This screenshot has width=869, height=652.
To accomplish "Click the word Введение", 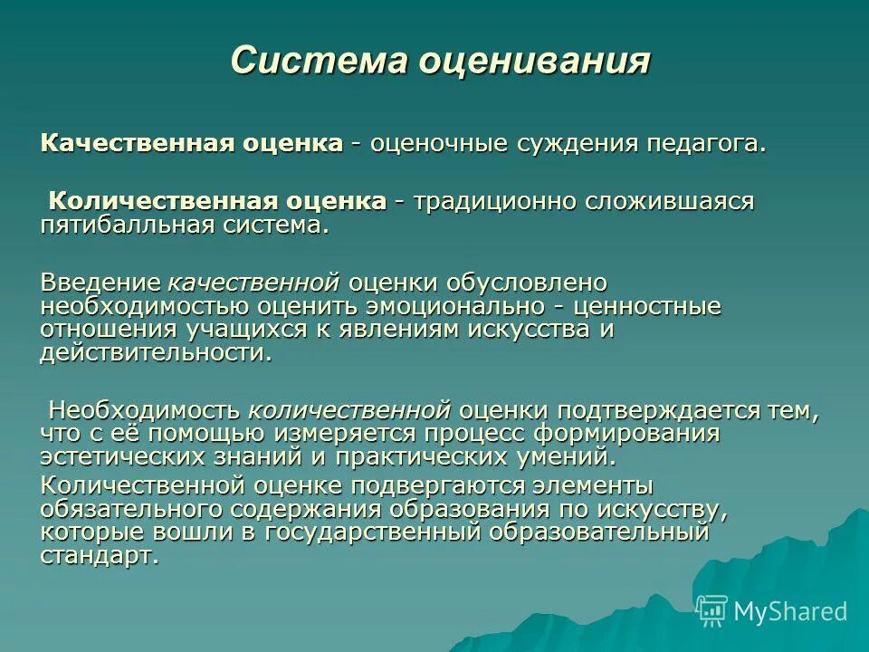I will click(x=100, y=284).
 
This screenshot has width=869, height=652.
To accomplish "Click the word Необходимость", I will click(x=144, y=410).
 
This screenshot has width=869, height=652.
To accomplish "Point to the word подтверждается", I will click(x=660, y=410).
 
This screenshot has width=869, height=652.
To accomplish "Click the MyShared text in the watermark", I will click(x=790, y=611).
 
